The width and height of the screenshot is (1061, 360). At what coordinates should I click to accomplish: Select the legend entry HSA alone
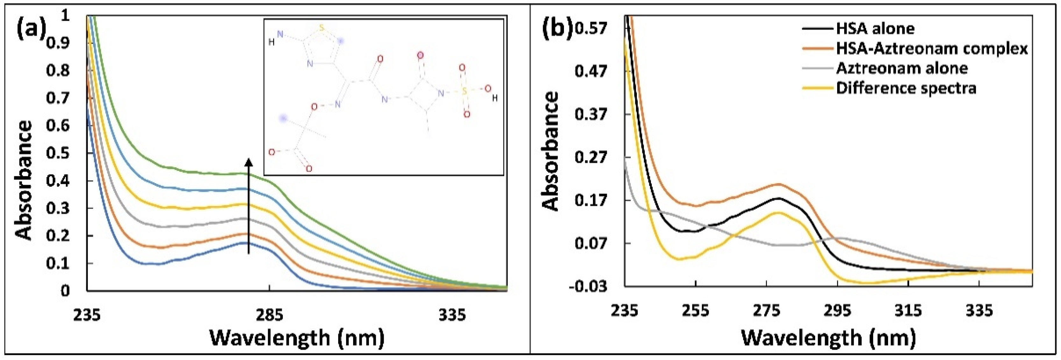pos(875,28)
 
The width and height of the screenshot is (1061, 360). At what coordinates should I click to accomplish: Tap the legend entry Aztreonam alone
pos(901,68)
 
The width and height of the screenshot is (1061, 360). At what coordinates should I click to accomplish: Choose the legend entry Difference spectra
pos(906,88)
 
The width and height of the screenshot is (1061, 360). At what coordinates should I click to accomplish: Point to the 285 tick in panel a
pos(269,315)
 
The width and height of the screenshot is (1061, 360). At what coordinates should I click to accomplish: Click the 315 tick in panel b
pos(908,311)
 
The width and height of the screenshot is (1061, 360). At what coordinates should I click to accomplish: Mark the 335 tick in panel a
pos(452,315)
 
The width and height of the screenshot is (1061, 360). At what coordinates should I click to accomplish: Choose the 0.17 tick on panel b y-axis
pos(591,200)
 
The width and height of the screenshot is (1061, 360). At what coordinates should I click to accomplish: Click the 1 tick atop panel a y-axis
pos(65,15)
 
